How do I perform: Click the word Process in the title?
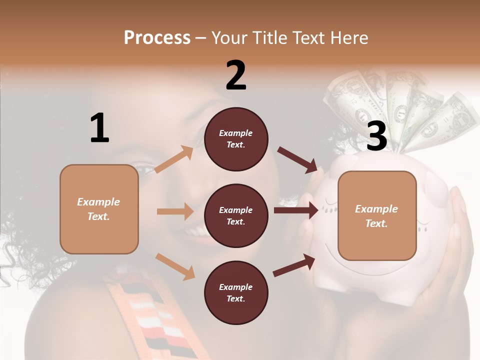pyautogui.click(x=157, y=37)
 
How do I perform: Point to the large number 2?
pyautogui.click(x=236, y=75)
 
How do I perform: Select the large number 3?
pyautogui.click(x=376, y=136)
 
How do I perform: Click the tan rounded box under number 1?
pyautogui.click(x=99, y=209)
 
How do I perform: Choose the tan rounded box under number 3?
pyautogui.click(x=377, y=216)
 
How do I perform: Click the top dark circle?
pyautogui.click(x=236, y=138)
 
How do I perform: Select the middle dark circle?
pyautogui.click(x=236, y=215)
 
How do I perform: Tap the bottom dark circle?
pyautogui.click(x=236, y=292)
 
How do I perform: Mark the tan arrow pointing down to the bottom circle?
pyautogui.click(x=175, y=266)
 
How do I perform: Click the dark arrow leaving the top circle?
pyautogui.click(x=297, y=159)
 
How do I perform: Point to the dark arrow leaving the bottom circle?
pyautogui.click(x=294, y=265)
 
